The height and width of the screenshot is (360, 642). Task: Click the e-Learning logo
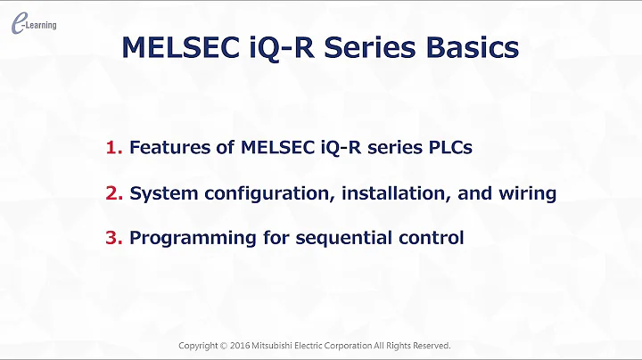33,25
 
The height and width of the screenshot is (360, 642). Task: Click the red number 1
113,148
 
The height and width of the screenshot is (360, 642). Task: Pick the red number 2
113,193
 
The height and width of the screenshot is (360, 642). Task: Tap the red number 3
113,238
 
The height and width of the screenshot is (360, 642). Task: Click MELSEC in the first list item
276,148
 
